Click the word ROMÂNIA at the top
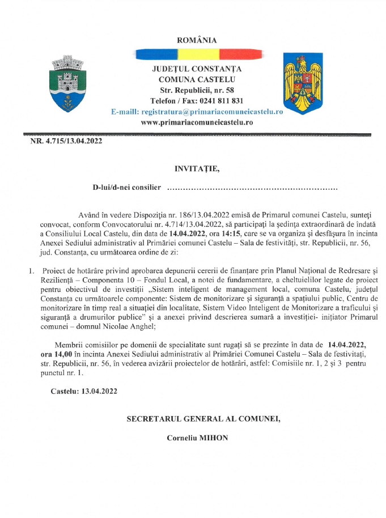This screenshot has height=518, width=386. (x=197, y=40)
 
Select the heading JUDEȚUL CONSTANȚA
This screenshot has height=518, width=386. (x=197, y=69)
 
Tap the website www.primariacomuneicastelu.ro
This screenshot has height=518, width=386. (x=197, y=122)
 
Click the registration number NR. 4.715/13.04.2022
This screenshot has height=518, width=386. (x=66, y=142)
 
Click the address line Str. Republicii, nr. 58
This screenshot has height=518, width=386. (x=197, y=91)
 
